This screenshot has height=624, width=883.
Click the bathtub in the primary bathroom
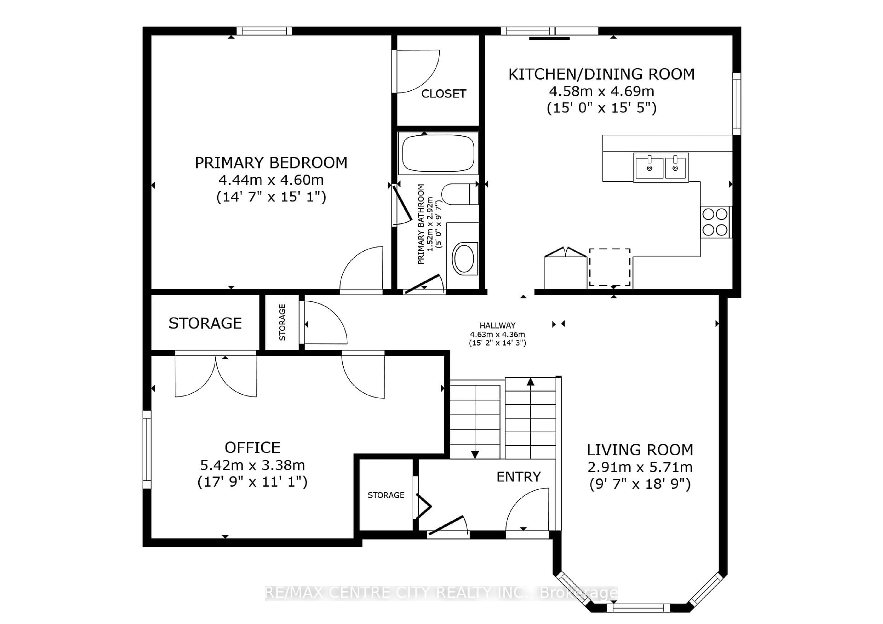coord(438,153)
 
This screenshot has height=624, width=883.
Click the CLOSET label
coord(443,94)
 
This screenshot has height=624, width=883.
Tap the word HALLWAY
coord(497,325)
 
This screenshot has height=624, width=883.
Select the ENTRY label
coord(518,477)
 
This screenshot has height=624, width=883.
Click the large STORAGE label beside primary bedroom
coord(205,323)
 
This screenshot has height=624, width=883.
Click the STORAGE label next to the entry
coord(386,495)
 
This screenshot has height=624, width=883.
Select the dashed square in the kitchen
coord(610,267)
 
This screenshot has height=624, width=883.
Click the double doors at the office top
coord(216,375)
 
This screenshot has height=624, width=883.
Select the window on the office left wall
coord(147,449)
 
